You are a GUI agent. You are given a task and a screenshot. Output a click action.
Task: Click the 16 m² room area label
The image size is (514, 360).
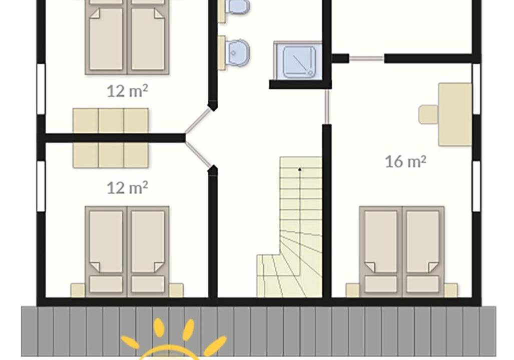coord(405,161)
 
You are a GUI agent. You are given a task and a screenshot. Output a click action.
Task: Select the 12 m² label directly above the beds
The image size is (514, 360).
coord(128,187)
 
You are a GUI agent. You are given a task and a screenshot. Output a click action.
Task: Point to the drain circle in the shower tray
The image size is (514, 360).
coord(310,73)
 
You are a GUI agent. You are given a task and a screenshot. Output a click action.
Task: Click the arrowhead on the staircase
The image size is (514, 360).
coord(300,169)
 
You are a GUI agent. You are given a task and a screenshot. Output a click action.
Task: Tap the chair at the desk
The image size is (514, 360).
coord(428,114)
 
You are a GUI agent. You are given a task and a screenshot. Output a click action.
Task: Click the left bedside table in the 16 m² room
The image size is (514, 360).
coord(353,290)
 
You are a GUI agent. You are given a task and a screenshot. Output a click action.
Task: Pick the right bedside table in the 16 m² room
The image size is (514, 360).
coord(451,290)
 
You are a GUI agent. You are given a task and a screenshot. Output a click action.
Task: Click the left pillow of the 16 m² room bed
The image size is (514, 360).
coord(381,284)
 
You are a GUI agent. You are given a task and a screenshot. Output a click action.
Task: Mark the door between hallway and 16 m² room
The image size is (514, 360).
coord(327,106)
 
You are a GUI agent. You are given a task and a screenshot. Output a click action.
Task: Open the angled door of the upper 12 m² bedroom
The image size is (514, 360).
coord(198,121)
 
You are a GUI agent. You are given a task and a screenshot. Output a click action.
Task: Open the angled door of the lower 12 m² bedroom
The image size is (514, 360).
coord(198,155)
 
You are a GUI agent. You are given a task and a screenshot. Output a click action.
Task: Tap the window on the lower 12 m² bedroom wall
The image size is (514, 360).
coord(41,186)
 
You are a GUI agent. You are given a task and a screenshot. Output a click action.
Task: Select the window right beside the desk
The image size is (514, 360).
coord(476,89)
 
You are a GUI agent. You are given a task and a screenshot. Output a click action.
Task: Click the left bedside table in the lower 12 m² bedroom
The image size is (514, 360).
coord(78,290)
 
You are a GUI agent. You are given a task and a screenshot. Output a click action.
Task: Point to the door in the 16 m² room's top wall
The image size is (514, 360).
coord(366,58)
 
